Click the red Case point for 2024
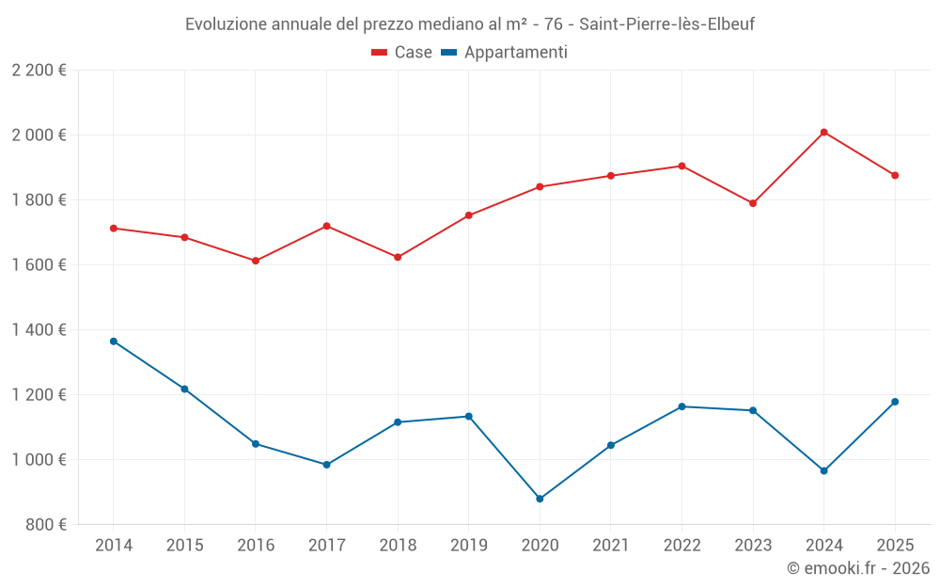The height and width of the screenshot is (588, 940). coord(823,132)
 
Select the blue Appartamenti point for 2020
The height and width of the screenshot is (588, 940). coord(540,499)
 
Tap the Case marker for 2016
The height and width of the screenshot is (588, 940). coord(256,261)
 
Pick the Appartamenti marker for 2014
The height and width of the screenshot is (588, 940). coord(114,342)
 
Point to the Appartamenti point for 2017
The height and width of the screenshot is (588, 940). coord(326,465)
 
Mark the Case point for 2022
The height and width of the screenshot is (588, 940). coord(681,166)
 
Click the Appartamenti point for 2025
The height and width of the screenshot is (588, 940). coord(895,402)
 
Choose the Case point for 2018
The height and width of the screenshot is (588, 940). coord(398,257)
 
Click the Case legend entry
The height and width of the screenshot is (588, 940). coord(402,53)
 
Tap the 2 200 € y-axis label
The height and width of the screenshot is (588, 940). coord(39,70)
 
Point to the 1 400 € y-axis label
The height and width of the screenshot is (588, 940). coord(39,329)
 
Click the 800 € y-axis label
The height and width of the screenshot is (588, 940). coord(44,524)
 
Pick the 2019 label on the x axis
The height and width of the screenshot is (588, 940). coord(468,546)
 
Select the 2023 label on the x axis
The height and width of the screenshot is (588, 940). coord(753,546)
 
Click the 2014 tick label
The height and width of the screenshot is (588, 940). coord(114,546)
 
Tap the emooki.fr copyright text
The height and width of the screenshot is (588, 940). coord(857,568)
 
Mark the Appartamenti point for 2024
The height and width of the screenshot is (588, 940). coord(823,470)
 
